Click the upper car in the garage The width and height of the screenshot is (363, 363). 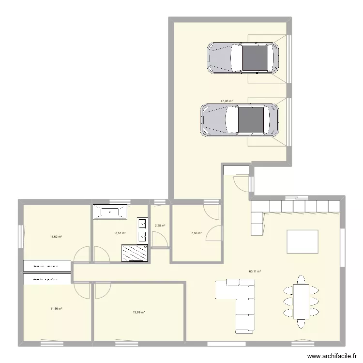coord(242,58)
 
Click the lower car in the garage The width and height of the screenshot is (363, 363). coord(239,121)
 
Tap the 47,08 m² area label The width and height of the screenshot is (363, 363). coord(227,101)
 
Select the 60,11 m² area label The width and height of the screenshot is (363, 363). coord(255,272)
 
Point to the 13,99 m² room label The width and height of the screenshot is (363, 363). coord(138,312)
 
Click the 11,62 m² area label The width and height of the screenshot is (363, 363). coord(56,237)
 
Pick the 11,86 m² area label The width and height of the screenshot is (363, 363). coord(56,308)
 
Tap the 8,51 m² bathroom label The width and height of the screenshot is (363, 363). coord(120,233)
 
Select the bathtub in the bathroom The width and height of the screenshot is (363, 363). coord(111,212)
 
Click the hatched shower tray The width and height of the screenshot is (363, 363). coord(135,252)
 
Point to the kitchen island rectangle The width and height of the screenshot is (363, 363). coord(303,242)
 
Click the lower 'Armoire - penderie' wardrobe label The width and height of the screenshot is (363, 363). coord(45,279)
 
